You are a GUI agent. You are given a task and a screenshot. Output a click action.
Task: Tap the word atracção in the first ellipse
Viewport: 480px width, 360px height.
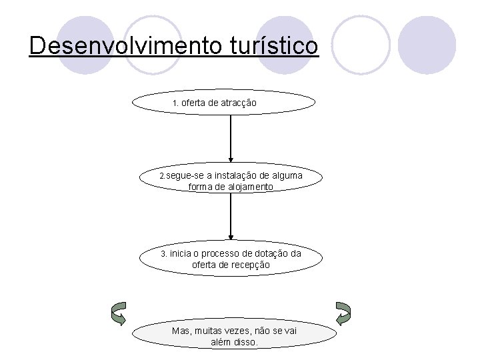[239, 103]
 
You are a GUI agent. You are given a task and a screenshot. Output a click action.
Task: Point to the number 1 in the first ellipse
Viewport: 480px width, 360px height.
[175, 104]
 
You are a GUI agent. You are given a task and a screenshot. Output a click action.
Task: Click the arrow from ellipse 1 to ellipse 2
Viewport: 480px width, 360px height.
[231, 140]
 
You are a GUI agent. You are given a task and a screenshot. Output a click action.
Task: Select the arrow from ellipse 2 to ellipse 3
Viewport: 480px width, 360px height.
[231, 217]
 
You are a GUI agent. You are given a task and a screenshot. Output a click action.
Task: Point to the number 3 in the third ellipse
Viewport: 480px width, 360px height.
[163, 254]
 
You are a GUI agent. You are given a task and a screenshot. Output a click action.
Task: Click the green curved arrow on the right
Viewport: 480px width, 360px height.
[343, 313]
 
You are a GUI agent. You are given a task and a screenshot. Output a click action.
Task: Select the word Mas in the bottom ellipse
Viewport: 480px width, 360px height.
[181, 331]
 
